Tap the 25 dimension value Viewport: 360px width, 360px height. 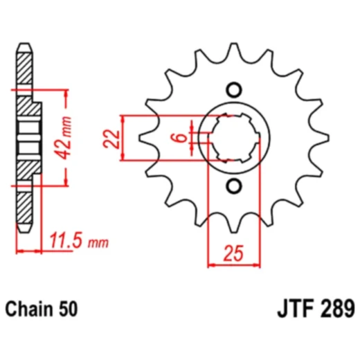point(234,253)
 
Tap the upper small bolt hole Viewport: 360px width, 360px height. point(233,89)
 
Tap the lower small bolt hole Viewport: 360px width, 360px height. point(233,186)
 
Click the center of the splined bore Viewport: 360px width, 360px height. point(233,137)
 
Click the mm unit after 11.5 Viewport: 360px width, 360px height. point(100,243)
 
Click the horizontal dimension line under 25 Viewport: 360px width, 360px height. point(234,264)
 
